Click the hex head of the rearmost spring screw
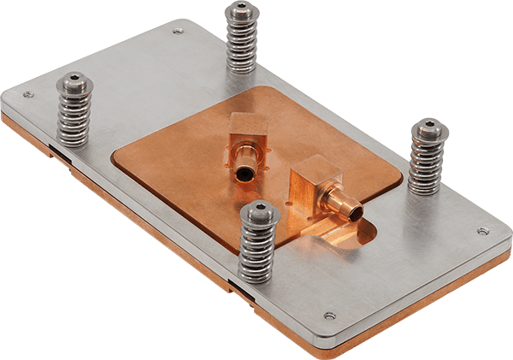(x=241, y=13)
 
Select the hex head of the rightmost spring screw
(x=428, y=131)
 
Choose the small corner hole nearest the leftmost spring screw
(x=27, y=94)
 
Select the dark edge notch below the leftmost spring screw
(x=54, y=151)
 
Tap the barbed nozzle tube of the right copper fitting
(x=341, y=204)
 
